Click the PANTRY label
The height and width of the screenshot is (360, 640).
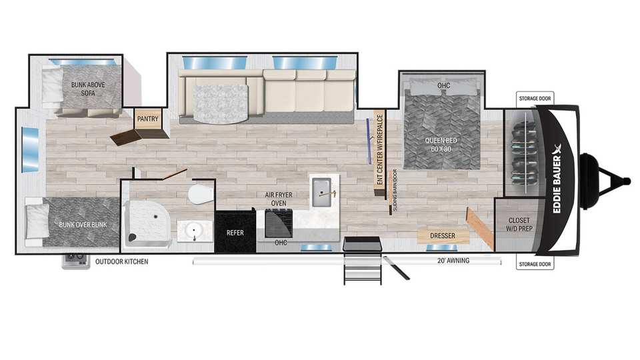pyautogui.click(x=147, y=119)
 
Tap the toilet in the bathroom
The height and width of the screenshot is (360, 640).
pyautogui.click(x=201, y=194)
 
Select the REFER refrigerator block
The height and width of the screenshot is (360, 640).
pyautogui.click(x=235, y=231)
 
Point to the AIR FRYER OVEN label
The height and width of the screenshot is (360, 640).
pyautogui.click(x=279, y=199)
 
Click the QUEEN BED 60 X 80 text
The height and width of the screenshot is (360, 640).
pyautogui.click(x=441, y=145)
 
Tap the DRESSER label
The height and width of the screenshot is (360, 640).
pyautogui.click(x=443, y=236)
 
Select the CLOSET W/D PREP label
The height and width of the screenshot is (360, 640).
pyautogui.click(x=519, y=225)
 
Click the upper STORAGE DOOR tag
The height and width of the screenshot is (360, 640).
pyautogui.click(x=535, y=99)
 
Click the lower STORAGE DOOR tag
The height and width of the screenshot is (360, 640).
pyautogui.click(x=535, y=264)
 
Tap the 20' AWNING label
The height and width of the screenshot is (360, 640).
pyautogui.click(x=453, y=261)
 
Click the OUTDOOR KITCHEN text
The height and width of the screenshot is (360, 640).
pyautogui.click(x=121, y=261)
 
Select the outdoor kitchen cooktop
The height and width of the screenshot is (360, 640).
pyautogui.click(x=76, y=261)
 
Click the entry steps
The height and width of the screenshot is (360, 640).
pyautogui.click(x=363, y=261)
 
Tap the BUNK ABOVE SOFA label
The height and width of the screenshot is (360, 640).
pyautogui.click(x=88, y=89)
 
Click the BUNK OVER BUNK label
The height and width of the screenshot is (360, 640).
pyautogui.click(x=83, y=225)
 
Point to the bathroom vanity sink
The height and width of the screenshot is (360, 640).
pyautogui.click(x=194, y=231)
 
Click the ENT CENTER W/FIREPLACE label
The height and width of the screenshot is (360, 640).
pyautogui.click(x=379, y=149)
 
